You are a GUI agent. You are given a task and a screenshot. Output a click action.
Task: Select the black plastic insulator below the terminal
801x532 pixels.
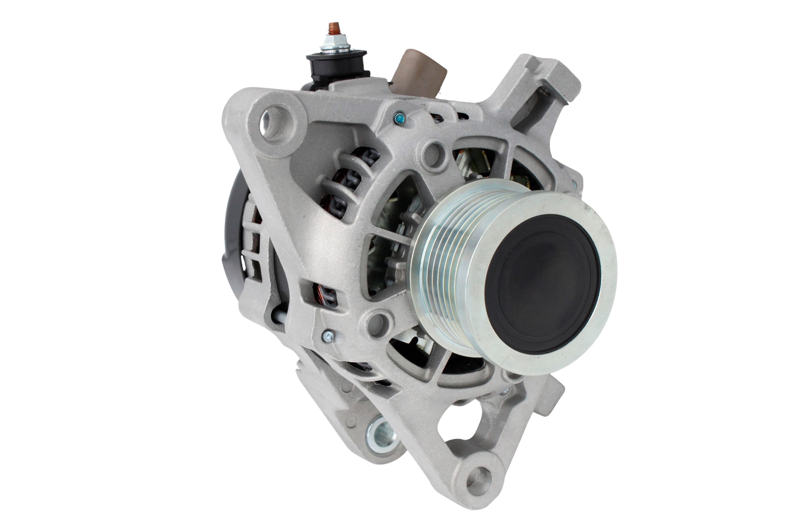(337, 66)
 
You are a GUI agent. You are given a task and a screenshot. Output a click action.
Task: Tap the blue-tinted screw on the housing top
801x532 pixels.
(400, 118)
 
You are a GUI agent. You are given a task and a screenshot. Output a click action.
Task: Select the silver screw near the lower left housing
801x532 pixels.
(328, 336)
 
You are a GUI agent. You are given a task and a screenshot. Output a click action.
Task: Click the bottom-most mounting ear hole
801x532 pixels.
(479, 481)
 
